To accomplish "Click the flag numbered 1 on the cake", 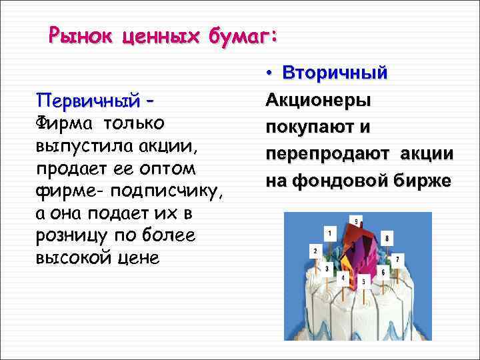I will click(329, 233).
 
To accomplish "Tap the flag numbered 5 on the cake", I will click(363, 281).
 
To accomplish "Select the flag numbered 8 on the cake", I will click(387, 237).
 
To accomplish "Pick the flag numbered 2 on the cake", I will click(315, 251).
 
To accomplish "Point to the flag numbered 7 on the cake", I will click(397, 258).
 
